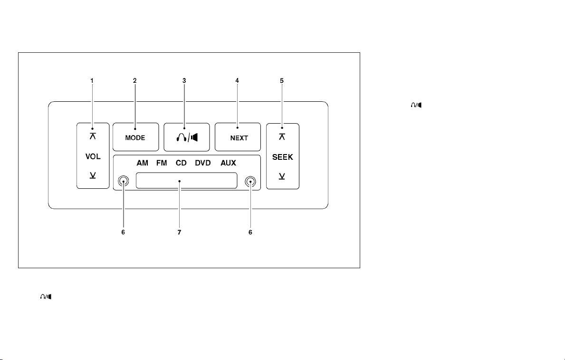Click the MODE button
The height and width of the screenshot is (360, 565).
click(135, 136)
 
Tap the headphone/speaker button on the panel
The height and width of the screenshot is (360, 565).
click(187, 137)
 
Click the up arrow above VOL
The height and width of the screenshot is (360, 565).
click(93, 136)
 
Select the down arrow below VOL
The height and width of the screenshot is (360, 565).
click(93, 175)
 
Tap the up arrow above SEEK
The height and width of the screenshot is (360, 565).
click(282, 136)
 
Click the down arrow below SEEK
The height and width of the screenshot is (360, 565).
click(282, 176)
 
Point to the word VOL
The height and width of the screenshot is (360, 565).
click(93, 156)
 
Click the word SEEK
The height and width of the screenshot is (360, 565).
click(282, 157)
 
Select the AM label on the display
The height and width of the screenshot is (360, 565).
click(143, 163)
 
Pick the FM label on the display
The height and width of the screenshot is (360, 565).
click(162, 163)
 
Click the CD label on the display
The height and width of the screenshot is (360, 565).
click(181, 163)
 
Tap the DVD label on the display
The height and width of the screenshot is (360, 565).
click(203, 163)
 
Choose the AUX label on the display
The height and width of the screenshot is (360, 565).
click(229, 163)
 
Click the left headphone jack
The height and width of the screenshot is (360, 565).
click(123, 182)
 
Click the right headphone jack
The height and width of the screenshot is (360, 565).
click(250, 182)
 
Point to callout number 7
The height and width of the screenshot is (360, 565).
click(179, 232)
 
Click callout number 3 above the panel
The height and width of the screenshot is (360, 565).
click(184, 81)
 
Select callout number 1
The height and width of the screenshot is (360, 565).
click(92, 81)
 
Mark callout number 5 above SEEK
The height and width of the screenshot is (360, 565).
click(282, 81)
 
